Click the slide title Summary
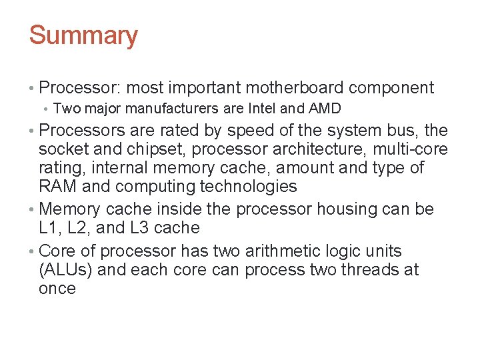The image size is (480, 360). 83,35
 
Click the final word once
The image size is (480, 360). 57,289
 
